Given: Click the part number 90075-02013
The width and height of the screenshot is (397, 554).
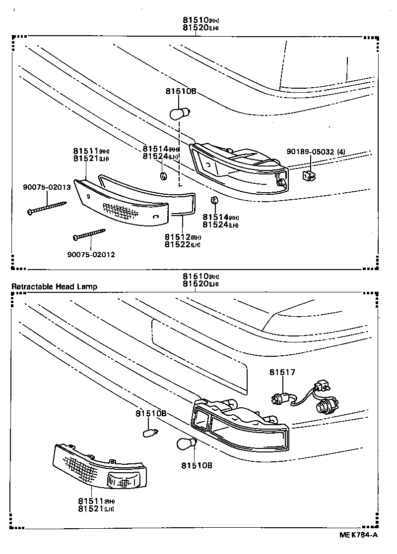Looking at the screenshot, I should click(x=47, y=187).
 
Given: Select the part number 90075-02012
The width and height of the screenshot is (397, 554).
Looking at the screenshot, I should click(x=91, y=255).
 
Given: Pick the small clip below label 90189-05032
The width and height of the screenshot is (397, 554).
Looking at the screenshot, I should click(x=309, y=174).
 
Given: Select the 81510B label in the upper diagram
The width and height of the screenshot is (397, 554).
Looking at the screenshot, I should click(x=181, y=91).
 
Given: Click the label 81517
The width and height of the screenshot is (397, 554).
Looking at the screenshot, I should click(x=282, y=372).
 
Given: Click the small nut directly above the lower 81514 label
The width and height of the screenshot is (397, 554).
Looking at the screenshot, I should click(x=214, y=200).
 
